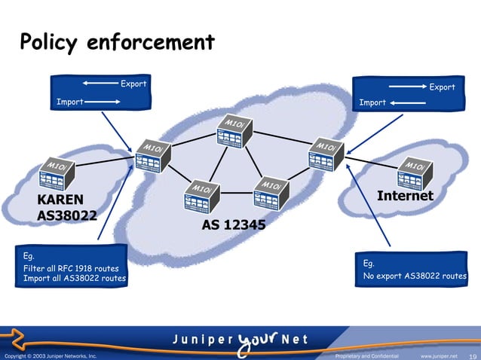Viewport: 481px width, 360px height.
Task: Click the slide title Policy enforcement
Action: (117, 42)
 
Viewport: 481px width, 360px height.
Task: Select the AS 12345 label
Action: (233, 225)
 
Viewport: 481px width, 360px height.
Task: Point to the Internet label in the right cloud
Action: (405, 196)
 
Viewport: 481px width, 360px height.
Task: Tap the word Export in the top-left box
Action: (133, 83)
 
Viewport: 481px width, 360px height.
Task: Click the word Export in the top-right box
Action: (442, 87)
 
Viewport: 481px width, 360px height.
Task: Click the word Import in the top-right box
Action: (372, 102)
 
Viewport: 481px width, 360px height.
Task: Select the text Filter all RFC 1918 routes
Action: (71, 268)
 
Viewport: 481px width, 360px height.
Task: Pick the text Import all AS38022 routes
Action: (75, 279)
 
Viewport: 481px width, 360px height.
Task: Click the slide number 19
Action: (473, 355)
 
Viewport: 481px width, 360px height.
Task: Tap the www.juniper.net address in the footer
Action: (439, 355)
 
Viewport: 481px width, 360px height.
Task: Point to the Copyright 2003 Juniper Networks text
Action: (50, 355)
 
